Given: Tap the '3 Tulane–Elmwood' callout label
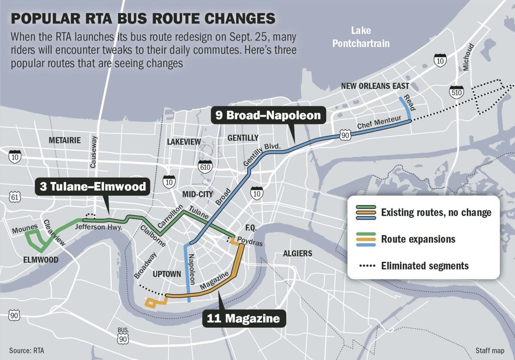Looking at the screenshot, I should [x=92, y=188].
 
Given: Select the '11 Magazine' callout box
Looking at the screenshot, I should [x=243, y=319].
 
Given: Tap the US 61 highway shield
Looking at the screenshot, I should [x=15, y=197].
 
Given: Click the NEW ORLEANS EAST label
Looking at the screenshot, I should [x=375, y=86].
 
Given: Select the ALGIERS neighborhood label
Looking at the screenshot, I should [x=297, y=254].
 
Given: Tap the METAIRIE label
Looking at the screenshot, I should [x=65, y=140].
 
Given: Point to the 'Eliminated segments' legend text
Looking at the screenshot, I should [x=425, y=266].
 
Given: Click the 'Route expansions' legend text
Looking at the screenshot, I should [x=418, y=239].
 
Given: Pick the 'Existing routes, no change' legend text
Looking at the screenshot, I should [x=436, y=212].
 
